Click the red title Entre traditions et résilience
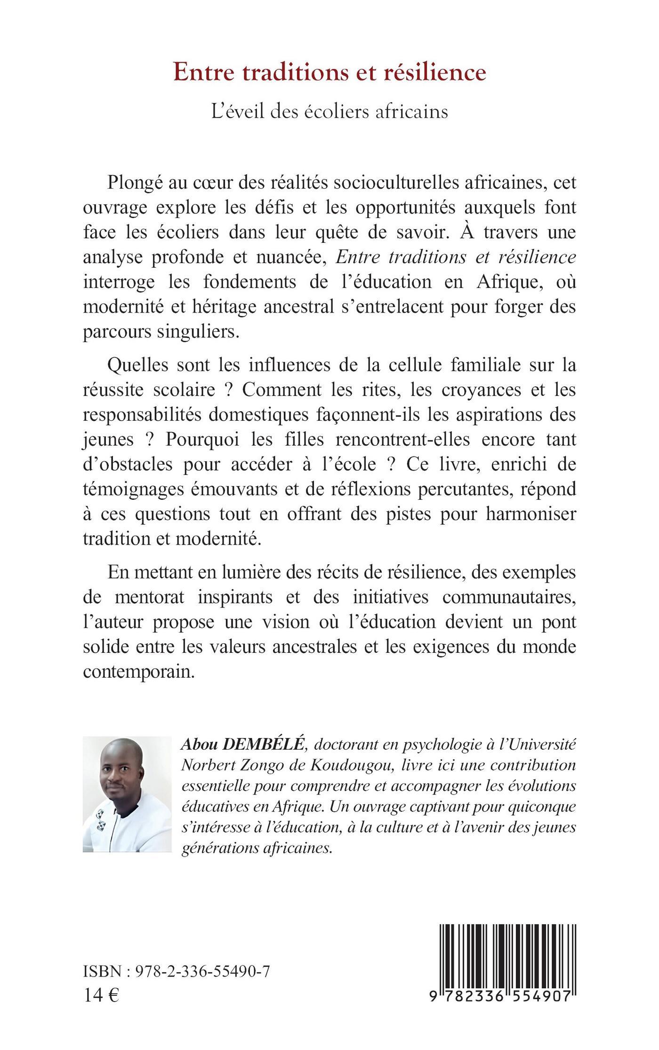(329, 72)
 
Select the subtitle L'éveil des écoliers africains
(329, 112)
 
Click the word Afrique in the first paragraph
(505, 281)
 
